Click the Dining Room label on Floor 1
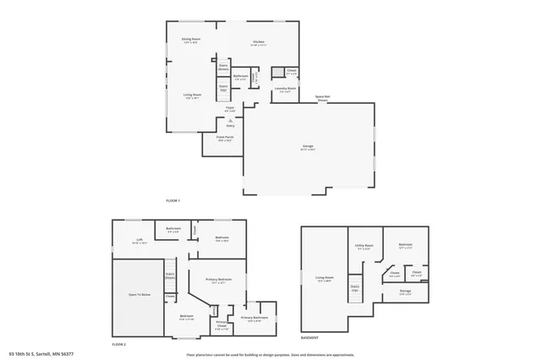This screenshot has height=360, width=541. pos(190,40)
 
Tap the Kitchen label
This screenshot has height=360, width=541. pos(259,42)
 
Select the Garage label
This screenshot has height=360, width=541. pos(308,146)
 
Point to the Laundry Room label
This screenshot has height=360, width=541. pos(285,88)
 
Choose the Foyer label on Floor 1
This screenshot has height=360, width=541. pos(229,108)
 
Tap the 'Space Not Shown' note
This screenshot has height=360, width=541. pos(322,98)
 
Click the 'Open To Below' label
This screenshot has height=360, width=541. pos(139,294)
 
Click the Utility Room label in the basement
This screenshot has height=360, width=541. pos(364,247)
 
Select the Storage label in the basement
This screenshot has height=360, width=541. pos(406,292)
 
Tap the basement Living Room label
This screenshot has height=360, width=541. pos(324,278)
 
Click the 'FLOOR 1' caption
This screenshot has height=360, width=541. pos(173,200)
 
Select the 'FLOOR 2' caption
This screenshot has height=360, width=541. pos(118,345)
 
